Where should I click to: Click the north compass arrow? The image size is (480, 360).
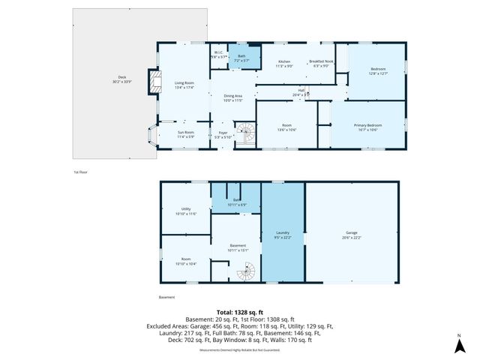click(x=459, y=345)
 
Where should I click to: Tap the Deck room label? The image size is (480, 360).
click(x=122, y=79)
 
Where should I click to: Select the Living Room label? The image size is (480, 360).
click(x=184, y=85)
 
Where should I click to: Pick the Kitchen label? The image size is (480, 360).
click(x=284, y=63)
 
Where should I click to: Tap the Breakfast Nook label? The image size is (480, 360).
click(x=322, y=63)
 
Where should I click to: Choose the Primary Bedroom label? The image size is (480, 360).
click(x=368, y=127)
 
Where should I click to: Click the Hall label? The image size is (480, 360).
click(x=300, y=91)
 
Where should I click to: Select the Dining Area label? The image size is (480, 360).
click(x=233, y=97)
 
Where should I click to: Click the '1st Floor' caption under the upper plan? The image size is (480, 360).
click(x=81, y=172)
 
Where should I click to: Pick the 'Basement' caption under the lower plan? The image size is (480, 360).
click(x=166, y=297)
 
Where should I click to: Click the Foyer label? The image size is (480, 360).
click(x=223, y=136)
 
